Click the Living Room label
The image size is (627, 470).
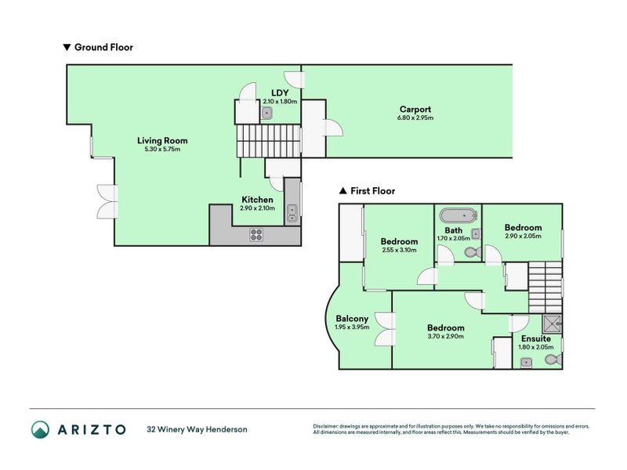click(162, 141)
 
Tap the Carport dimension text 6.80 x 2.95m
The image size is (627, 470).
click(415, 118)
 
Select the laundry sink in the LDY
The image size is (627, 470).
click(266, 113)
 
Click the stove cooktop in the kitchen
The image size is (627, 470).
click(256, 234)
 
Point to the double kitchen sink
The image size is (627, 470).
click(292, 212)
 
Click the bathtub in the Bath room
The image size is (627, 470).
click(458, 215)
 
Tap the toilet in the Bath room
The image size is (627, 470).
click(473, 252)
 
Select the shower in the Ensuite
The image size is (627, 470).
click(553, 324)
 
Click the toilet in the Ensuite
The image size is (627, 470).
click(553, 360)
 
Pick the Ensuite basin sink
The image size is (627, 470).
click(526, 363)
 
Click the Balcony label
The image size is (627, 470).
click(352, 319)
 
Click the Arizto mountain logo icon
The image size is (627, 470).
click(41, 429)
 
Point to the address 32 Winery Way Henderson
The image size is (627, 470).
click(198, 429)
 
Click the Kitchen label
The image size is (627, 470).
click(258, 200)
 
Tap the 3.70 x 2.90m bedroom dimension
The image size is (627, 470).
click(446, 337)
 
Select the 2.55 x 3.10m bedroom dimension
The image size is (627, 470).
click(399, 250)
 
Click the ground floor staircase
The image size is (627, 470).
click(268, 141)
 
